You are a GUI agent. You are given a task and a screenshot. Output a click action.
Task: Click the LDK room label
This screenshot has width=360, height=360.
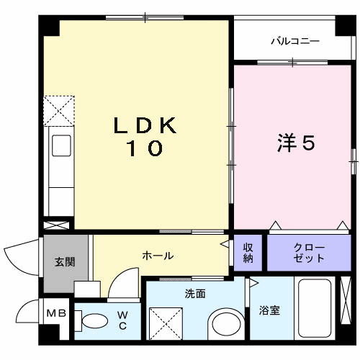pyautogui.click(x=145, y=125)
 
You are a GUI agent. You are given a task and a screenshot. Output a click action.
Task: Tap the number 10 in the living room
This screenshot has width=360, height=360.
pyautogui.click(x=145, y=150)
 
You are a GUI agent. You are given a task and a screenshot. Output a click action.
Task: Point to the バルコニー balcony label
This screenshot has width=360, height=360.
pyautogui.click(x=294, y=42)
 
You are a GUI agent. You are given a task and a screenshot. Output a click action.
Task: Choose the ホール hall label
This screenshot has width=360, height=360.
pyautogui.click(x=157, y=256)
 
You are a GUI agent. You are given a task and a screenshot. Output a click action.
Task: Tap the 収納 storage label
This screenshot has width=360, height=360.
pyautogui.click(x=248, y=253)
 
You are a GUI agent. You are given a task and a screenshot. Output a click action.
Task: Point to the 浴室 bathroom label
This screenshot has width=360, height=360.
pyautogui.click(x=270, y=311)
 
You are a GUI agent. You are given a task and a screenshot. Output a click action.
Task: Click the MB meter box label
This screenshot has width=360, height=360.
pyautogui.click(x=55, y=314)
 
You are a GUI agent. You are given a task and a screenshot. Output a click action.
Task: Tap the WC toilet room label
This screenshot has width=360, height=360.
pyautogui.click(x=122, y=320)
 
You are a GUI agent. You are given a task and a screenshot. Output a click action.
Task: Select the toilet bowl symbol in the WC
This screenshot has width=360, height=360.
pyautogui.click(x=92, y=320)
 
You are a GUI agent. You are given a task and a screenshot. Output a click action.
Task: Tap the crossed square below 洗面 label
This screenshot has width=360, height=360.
pyautogui.click(x=164, y=321)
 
